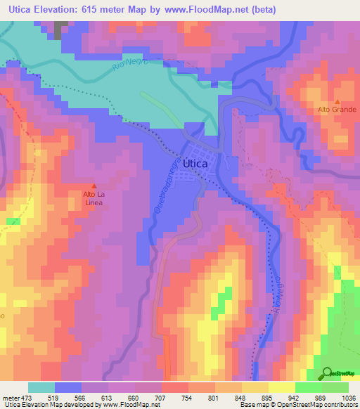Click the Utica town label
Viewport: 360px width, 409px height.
coord(195,163)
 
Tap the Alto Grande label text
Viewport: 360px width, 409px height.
coord(337,110)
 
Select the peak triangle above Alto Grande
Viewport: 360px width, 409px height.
coord(337,101)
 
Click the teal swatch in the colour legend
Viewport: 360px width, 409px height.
coord(41,387)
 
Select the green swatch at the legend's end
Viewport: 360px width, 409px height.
coord(335,387)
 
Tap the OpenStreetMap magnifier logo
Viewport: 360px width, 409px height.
coord(326,373)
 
